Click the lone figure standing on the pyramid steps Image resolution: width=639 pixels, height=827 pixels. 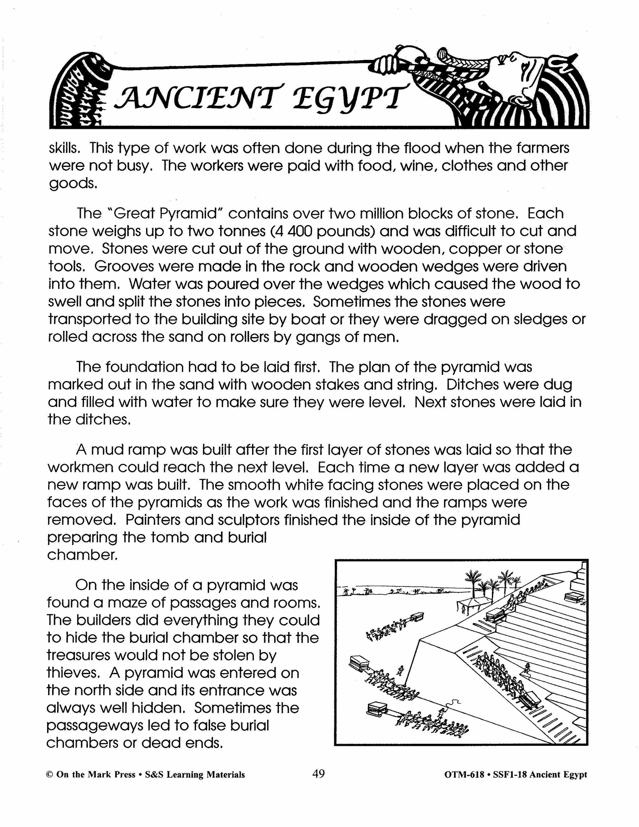[526, 670]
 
